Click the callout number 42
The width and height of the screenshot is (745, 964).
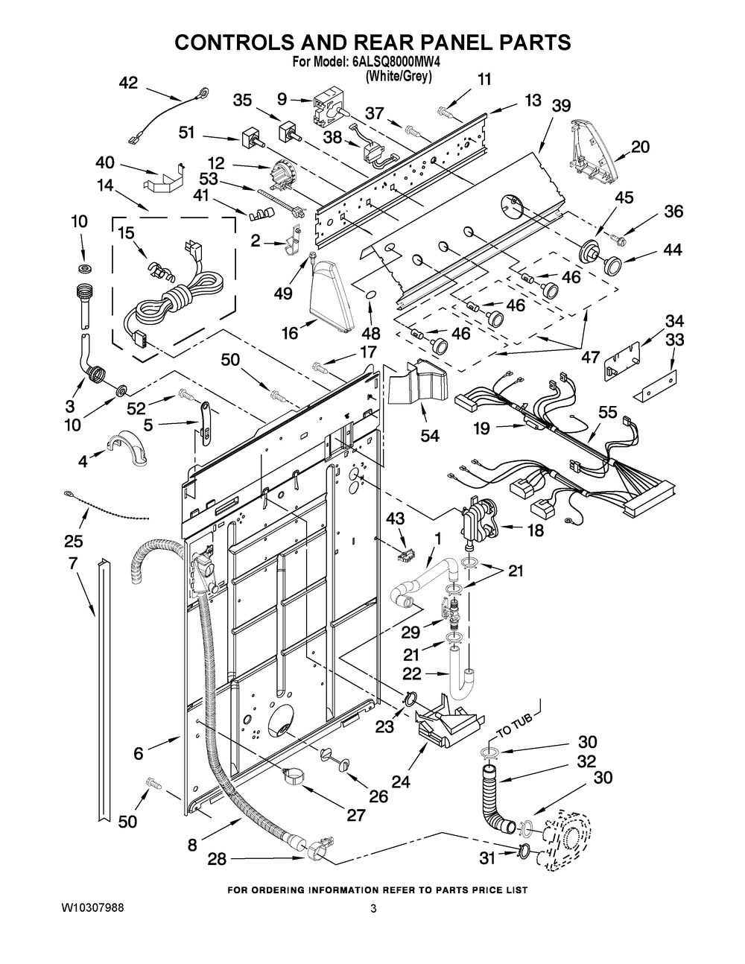[128, 83]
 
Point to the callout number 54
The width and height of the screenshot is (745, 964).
[429, 435]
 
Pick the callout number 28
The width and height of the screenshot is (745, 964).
[217, 860]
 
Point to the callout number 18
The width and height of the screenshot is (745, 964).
[535, 530]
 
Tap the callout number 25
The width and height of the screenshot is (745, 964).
[73, 540]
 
